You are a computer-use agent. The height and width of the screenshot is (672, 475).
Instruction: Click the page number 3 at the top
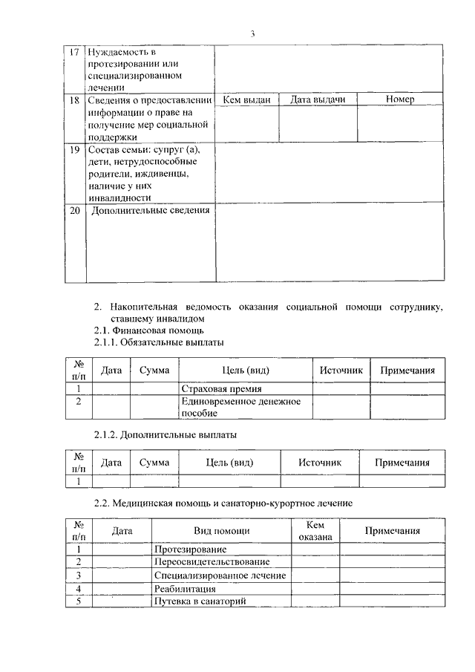253,33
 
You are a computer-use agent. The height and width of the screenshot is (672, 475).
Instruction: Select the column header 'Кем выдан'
246,100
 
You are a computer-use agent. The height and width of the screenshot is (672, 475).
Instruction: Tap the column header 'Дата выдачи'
318,100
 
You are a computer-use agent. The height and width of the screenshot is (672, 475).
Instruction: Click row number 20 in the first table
74,210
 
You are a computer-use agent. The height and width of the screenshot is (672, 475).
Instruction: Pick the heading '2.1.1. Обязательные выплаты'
159,342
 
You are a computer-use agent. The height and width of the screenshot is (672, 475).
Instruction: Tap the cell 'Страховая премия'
222,388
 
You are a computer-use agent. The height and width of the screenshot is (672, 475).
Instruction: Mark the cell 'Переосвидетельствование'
212,562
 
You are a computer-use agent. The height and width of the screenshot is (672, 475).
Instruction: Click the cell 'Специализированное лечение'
220,575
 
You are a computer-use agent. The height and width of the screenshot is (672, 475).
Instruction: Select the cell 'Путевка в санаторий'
199,601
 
